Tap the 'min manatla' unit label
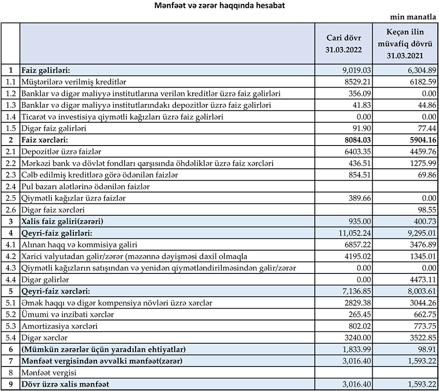coord(414,17)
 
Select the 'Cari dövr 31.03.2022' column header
coord(343,44)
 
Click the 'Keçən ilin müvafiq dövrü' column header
coord(405,44)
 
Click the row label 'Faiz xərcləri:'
coord(46,140)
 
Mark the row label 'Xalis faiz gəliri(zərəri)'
coord(65,222)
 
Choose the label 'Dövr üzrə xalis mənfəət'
coord(65,385)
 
